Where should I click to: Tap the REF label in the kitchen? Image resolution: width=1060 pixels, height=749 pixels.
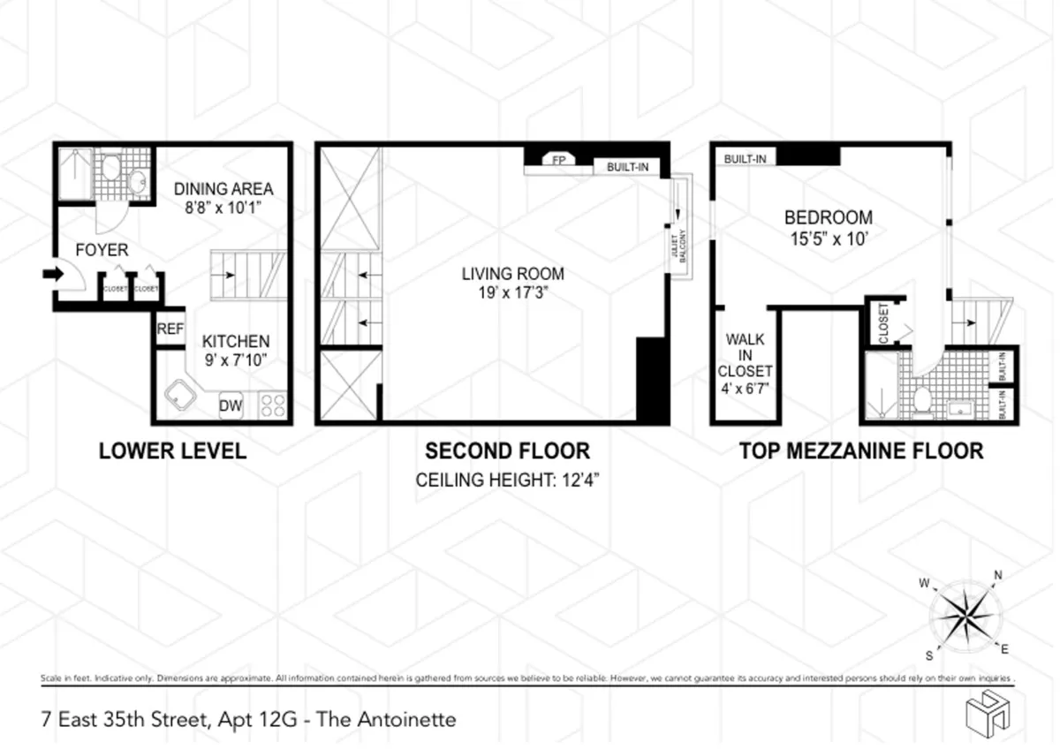[170, 329]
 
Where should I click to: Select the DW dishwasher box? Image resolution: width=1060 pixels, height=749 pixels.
[231, 405]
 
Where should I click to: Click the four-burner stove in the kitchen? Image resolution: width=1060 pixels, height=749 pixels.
[273, 405]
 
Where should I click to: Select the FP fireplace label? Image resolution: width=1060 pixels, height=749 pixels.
[558, 160]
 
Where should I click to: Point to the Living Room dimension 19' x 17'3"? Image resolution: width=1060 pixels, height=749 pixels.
[512, 292]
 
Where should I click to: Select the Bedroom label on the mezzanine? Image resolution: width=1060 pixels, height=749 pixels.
[829, 217]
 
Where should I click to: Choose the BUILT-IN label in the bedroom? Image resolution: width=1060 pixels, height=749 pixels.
[745, 159]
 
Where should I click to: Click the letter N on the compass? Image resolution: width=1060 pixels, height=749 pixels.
[998, 574]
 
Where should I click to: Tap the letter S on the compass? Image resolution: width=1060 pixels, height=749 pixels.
[927, 654]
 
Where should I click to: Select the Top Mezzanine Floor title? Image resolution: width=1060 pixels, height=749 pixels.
[860, 451]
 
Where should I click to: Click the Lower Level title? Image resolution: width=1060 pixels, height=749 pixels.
[172, 451]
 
